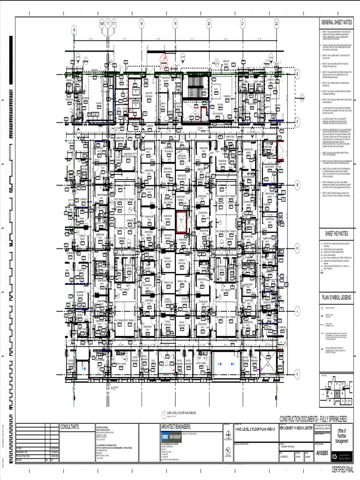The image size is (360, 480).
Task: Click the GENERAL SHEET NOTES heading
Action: pos(336,22)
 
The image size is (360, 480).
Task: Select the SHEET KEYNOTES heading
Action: pos(336,233)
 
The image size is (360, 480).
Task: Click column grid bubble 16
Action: pos(74,30)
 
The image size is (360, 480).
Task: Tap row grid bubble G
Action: pos(297,185)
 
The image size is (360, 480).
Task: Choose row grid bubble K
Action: pos(297,374)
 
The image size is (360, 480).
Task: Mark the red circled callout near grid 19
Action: pos(165,60)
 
